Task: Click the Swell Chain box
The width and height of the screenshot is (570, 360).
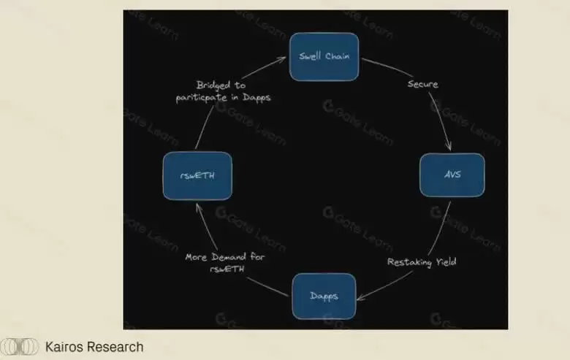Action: tap(324, 56)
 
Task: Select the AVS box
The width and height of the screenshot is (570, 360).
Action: tap(452, 175)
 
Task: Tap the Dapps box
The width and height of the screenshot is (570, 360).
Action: tap(324, 296)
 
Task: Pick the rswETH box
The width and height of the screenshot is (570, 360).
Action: tap(197, 175)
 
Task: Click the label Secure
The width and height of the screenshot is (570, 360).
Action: tap(422, 84)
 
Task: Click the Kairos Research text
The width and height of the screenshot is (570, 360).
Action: tap(94, 347)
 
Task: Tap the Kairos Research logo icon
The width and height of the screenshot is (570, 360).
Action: tap(20, 347)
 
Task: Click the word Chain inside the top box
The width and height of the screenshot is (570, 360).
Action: tap(338, 56)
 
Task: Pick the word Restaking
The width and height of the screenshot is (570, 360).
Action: tap(409, 261)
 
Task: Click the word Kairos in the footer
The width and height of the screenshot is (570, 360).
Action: tap(64, 347)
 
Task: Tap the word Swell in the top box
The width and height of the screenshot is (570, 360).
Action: tap(311, 56)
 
